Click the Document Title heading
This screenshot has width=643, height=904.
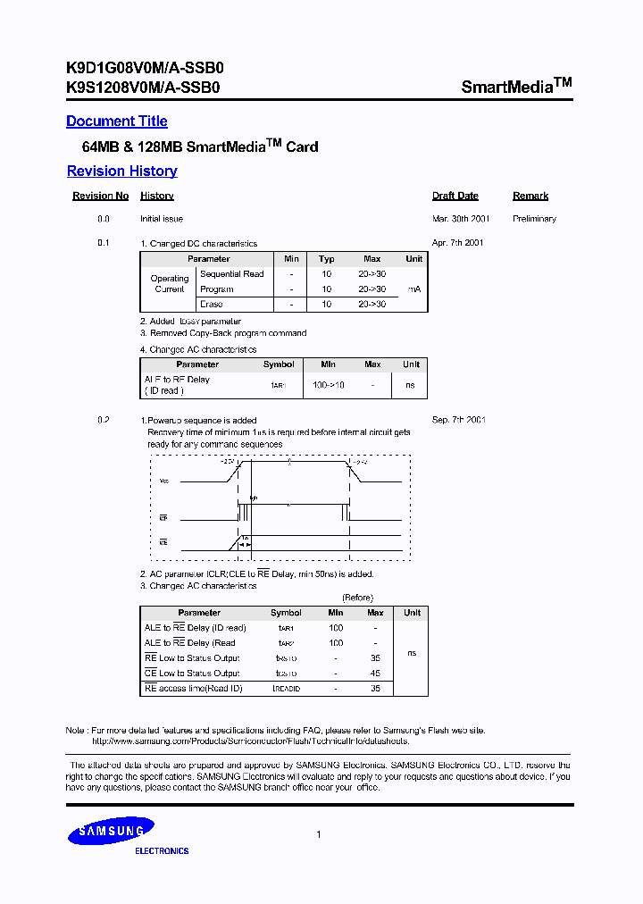pyautogui.click(x=117, y=121)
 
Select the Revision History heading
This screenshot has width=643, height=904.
pyautogui.click(x=122, y=172)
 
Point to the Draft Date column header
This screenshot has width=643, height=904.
pyautogui.click(x=455, y=196)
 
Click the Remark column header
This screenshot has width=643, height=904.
pyautogui.click(x=530, y=196)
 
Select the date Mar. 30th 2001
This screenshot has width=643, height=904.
pyautogui.click(x=460, y=219)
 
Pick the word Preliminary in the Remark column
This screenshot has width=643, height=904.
pyautogui.click(x=534, y=219)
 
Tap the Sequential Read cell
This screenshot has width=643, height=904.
pyautogui.click(x=231, y=274)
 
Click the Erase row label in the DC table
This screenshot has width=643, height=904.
pyautogui.click(x=212, y=305)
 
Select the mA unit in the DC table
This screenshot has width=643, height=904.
pyautogui.click(x=413, y=289)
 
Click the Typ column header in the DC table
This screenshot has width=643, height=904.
pyautogui.click(x=327, y=259)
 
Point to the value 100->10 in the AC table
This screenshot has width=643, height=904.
pyautogui.click(x=328, y=385)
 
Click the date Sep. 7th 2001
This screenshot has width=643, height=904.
pyautogui.click(x=458, y=420)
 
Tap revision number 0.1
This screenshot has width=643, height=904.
pyautogui.click(x=104, y=243)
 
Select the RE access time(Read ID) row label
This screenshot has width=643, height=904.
pyautogui.click(x=193, y=689)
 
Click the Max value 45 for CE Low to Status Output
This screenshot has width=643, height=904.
pyautogui.click(x=375, y=674)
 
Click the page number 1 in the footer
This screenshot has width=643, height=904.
pyautogui.click(x=319, y=834)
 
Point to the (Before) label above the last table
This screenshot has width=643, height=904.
pyautogui.click(x=357, y=598)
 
